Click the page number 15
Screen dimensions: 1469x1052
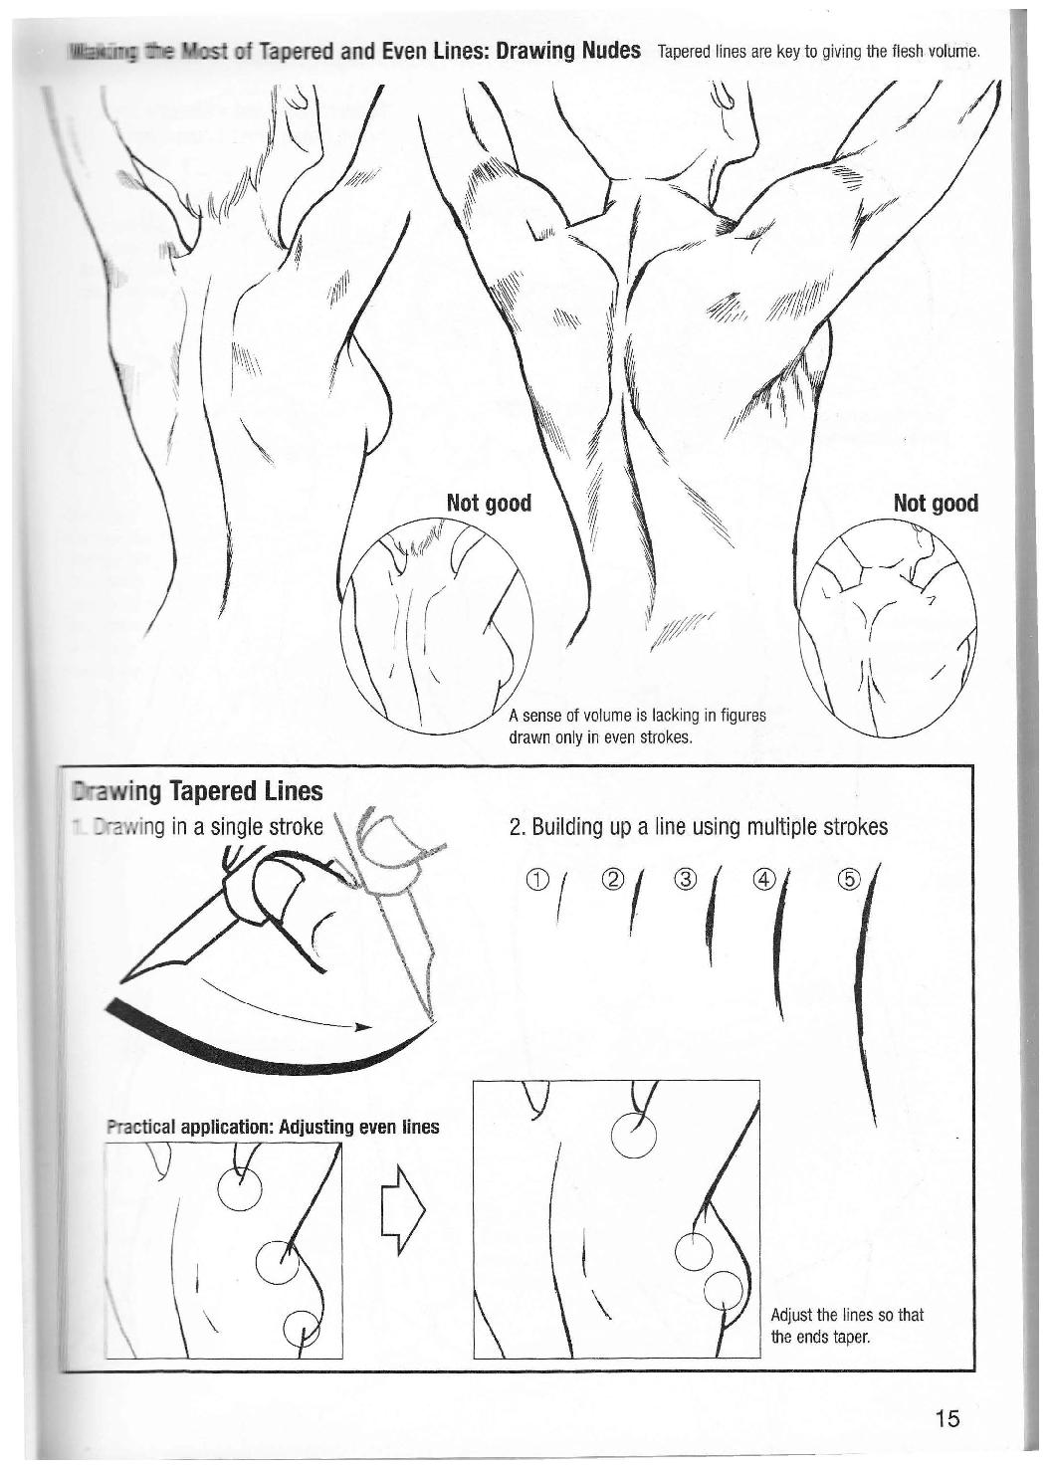click(x=947, y=1418)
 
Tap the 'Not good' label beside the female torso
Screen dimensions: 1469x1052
click(x=489, y=503)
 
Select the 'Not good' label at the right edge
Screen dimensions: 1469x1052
click(x=936, y=503)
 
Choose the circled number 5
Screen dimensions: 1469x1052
click(x=847, y=879)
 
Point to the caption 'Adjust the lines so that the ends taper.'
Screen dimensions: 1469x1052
click(x=847, y=1325)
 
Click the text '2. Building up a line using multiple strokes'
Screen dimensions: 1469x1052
click(x=698, y=827)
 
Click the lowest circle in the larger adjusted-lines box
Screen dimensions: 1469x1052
click(x=724, y=1294)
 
